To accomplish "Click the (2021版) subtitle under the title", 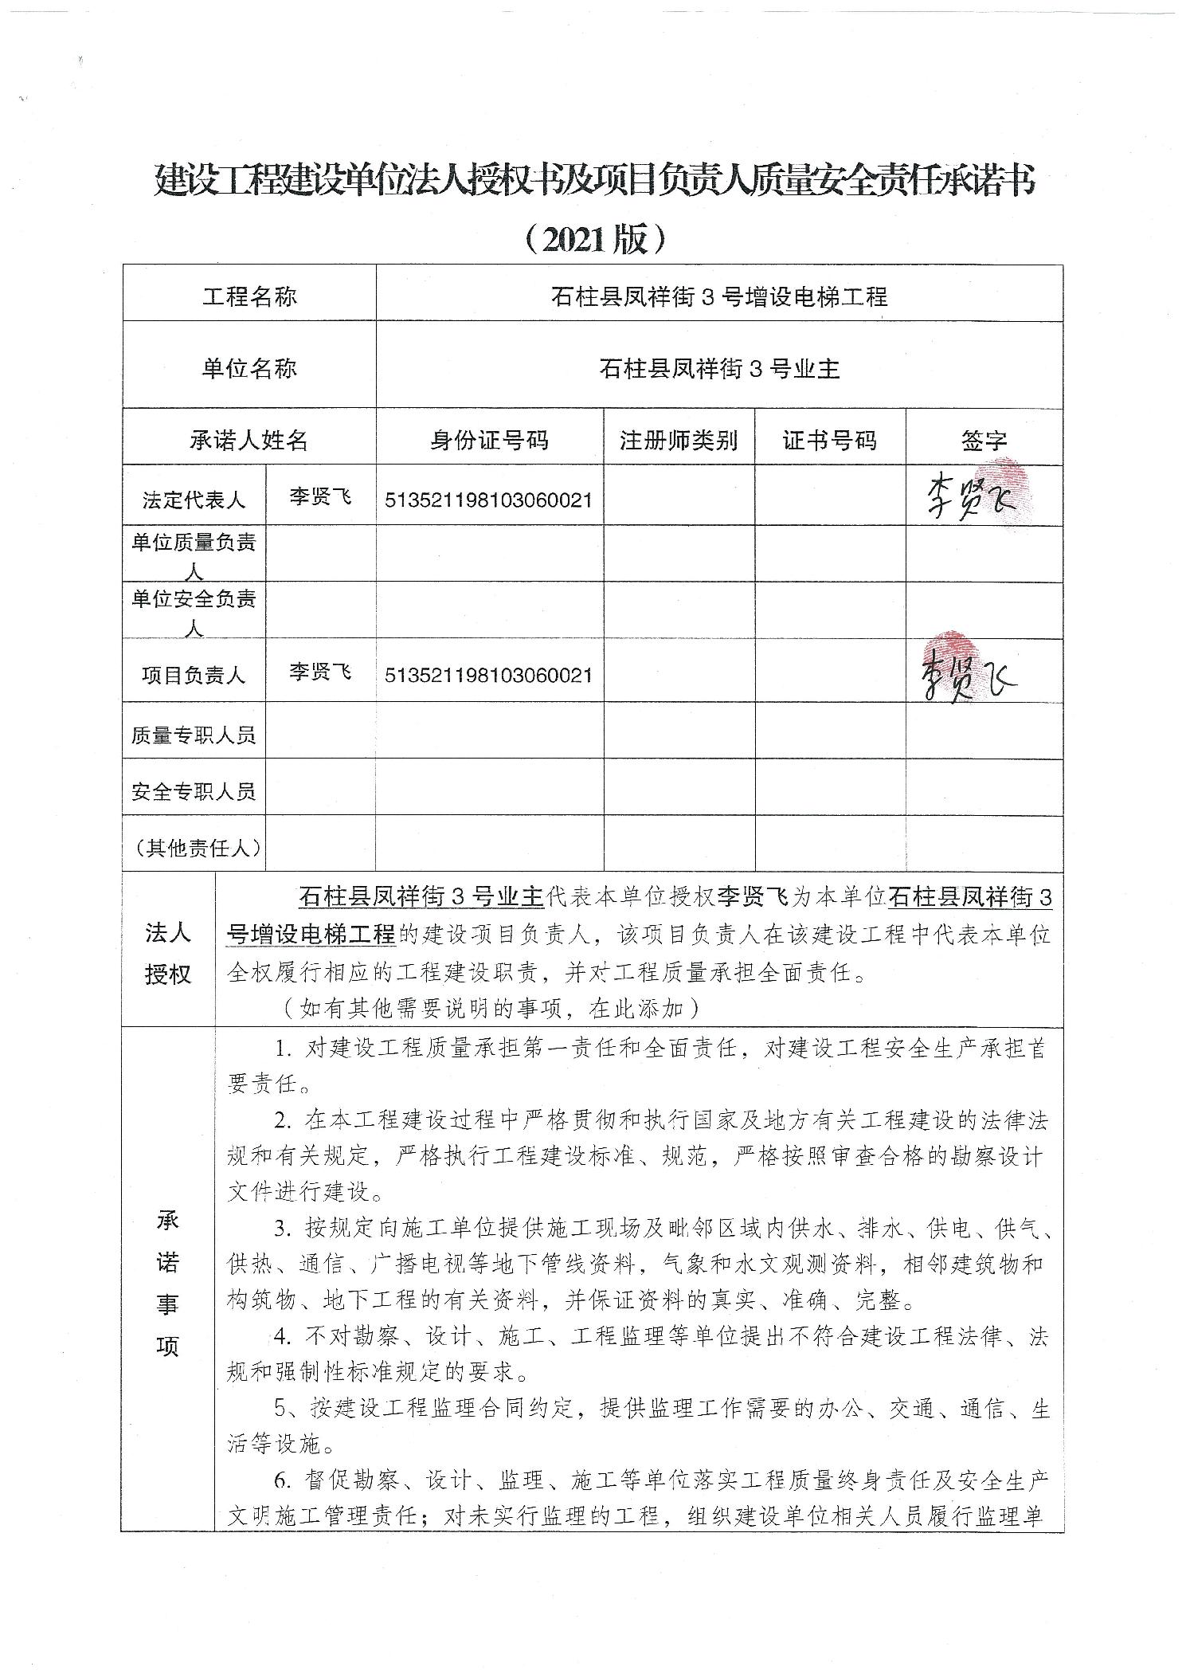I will [x=593, y=238].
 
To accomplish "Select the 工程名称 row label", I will [x=249, y=297].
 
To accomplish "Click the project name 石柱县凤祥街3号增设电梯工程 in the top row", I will [x=719, y=297].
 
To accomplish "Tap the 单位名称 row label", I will [x=249, y=368].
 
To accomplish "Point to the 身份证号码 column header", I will [x=489, y=440].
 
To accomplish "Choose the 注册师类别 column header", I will [x=679, y=440].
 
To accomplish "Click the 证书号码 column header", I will [x=829, y=440].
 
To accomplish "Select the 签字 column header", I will [x=984, y=441].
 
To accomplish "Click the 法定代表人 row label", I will [x=194, y=500].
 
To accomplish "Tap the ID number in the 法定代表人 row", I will [x=488, y=500].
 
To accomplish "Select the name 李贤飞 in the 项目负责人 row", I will [x=320, y=672].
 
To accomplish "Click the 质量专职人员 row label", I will [x=194, y=735].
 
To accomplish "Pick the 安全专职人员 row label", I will [x=194, y=791].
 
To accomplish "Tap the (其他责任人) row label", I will [x=194, y=848].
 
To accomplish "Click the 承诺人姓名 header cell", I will [x=249, y=440].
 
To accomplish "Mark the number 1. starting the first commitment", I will [x=283, y=1049].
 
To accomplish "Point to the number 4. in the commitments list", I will [x=283, y=1336].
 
